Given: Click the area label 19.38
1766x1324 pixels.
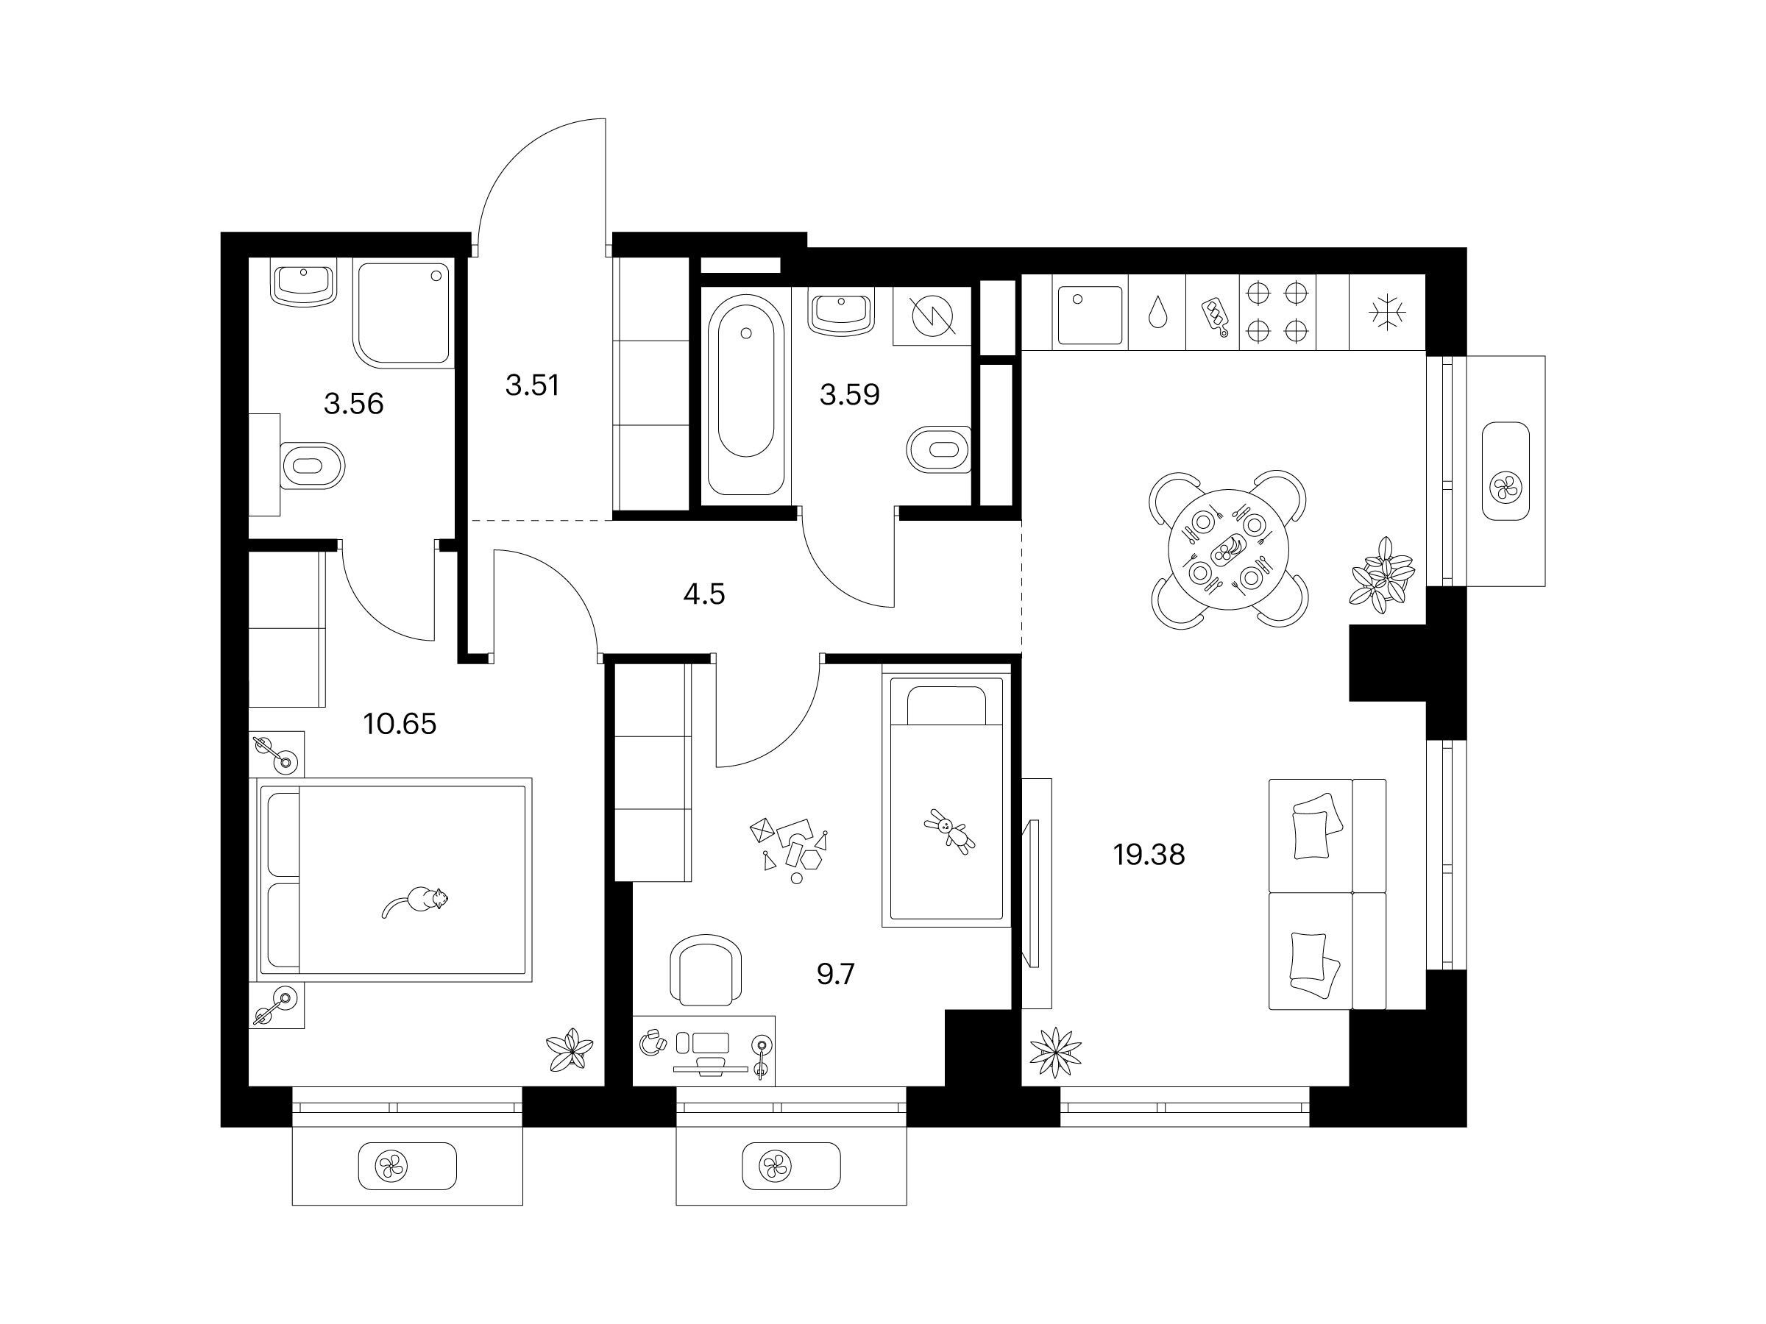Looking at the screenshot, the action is pyautogui.click(x=1149, y=855).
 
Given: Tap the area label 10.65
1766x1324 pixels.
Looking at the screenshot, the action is pyautogui.click(x=400, y=725).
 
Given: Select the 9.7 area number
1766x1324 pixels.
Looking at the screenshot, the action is pyautogui.click(x=836, y=975).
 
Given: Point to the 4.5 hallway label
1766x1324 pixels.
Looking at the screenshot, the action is pyautogui.click(x=704, y=594).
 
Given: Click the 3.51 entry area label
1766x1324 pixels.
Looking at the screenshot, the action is pyautogui.click(x=533, y=385).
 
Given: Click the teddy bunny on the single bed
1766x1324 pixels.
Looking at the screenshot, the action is pyautogui.click(x=949, y=832).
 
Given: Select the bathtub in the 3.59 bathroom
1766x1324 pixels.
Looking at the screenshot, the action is pyautogui.click(x=745, y=394).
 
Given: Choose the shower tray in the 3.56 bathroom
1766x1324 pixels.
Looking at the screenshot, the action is pyautogui.click(x=404, y=313).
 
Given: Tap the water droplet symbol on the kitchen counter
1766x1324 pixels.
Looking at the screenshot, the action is pyautogui.click(x=1157, y=312).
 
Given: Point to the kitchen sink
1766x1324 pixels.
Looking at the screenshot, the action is pyautogui.click(x=1090, y=316).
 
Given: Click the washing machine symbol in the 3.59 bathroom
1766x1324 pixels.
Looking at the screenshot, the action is pyautogui.click(x=932, y=316).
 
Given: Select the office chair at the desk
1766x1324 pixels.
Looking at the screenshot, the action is pyautogui.click(x=706, y=970).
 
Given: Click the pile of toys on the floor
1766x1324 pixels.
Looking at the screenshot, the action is pyautogui.click(x=789, y=849).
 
